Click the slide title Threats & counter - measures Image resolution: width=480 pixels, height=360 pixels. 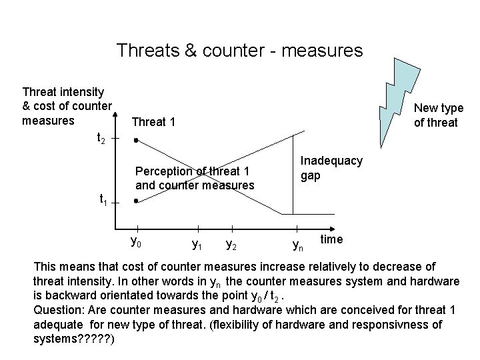click(239, 51)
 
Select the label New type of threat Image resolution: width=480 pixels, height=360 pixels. click(438, 115)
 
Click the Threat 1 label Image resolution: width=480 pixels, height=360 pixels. click(154, 122)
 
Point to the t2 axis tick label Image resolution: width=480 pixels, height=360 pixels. click(101, 138)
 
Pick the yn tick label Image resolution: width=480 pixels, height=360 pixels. click(298, 246)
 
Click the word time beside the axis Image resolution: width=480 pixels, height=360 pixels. click(332, 239)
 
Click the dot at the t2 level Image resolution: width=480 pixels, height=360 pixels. click(135, 141)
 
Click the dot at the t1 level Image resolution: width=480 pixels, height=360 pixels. click(135, 201)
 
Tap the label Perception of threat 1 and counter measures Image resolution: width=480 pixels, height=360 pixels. click(195, 178)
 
